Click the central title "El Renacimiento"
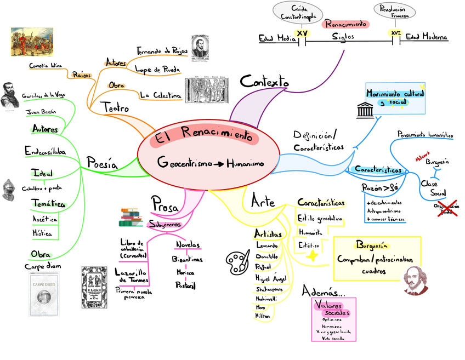coord(206,136)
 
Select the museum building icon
coord(366,110)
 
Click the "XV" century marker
coord(302,33)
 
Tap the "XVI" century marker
coord(395,33)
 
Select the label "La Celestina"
coord(161,95)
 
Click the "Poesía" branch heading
coord(102,162)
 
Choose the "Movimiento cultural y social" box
coord(395,97)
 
